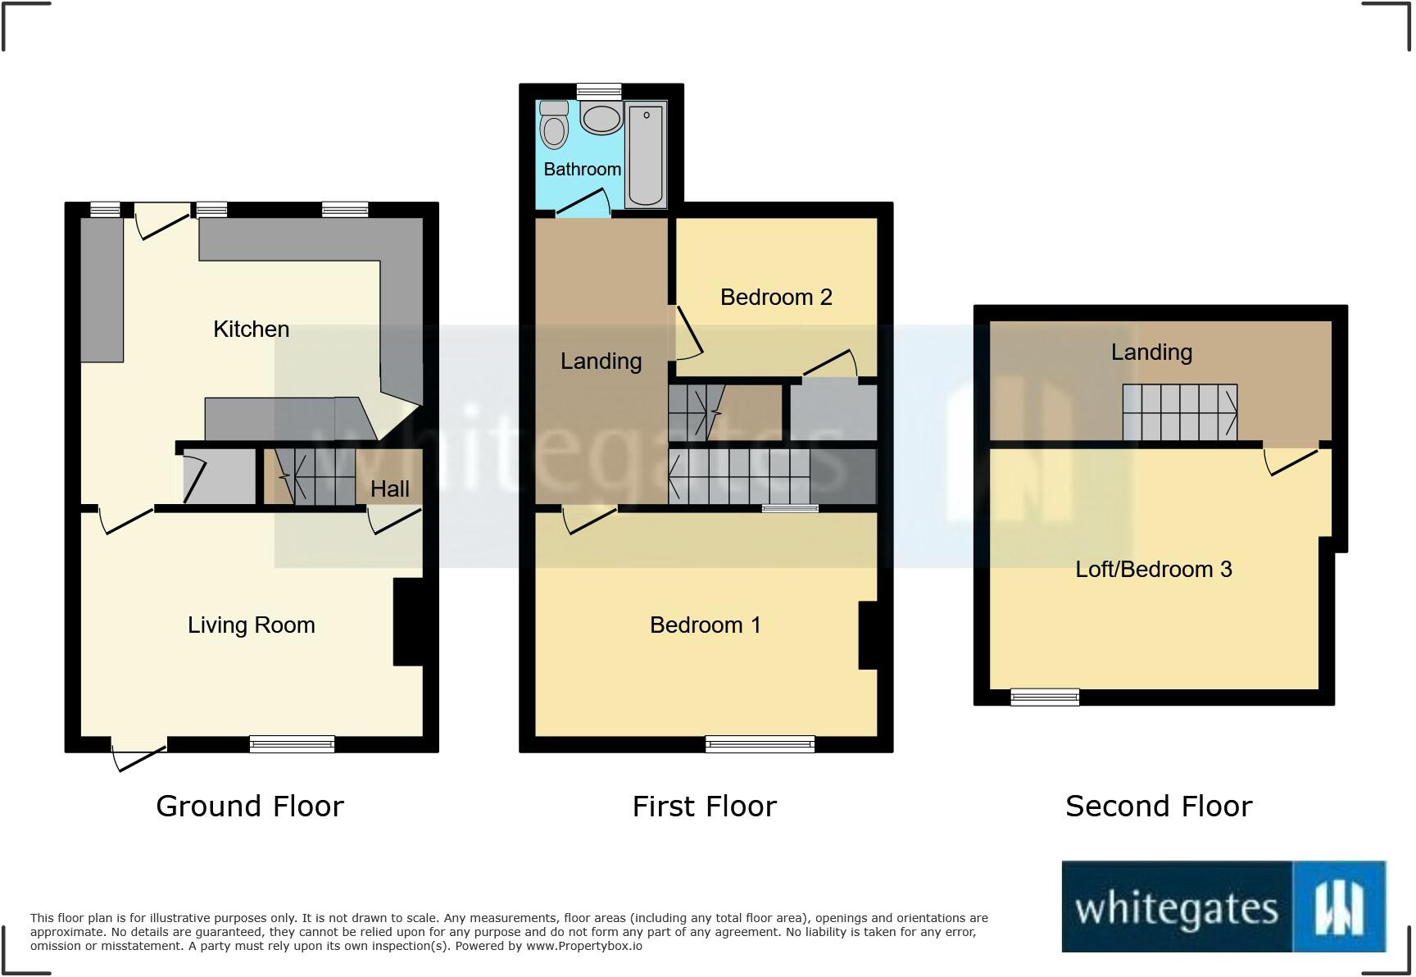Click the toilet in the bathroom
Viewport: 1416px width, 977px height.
coord(555,126)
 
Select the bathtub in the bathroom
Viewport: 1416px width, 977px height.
coord(646,154)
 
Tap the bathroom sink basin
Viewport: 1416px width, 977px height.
coord(601,119)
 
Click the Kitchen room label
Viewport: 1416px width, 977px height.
coord(251,329)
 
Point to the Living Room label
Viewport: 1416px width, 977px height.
coord(251,625)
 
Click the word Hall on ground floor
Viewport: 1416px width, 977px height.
coord(389,489)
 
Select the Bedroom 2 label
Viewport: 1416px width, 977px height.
coord(776,298)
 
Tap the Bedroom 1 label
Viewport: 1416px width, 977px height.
coord(705,625)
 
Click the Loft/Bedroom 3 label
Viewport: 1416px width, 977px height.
coord(1153,570)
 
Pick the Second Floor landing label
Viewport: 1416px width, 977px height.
coord(1151,352)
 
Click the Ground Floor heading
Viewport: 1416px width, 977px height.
coord(250,807)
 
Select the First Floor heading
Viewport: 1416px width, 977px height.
coord(704,807)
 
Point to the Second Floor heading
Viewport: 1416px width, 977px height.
coord(1159,807)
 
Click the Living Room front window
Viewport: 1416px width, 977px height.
coord(292,744)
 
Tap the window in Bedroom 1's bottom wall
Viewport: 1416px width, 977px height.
coord(760,744)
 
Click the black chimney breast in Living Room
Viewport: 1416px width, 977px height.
coord(409,622)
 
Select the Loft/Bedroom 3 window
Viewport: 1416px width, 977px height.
coord(1045,698)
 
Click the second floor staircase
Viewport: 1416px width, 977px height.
coord(1179,412)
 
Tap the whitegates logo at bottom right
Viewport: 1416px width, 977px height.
coord(1223,907)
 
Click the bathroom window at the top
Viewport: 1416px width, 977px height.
coord(599,91)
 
